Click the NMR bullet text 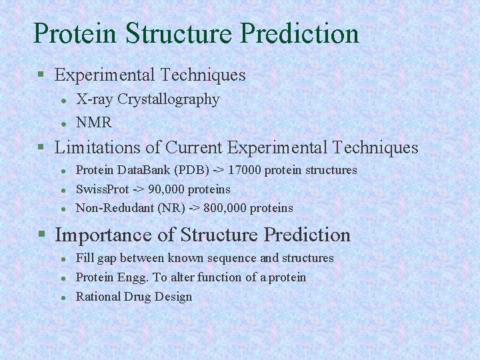[x=94, y=123]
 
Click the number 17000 [x=247, y=170]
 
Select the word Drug [x=137, y=297]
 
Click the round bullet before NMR [x=63, y=123]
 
